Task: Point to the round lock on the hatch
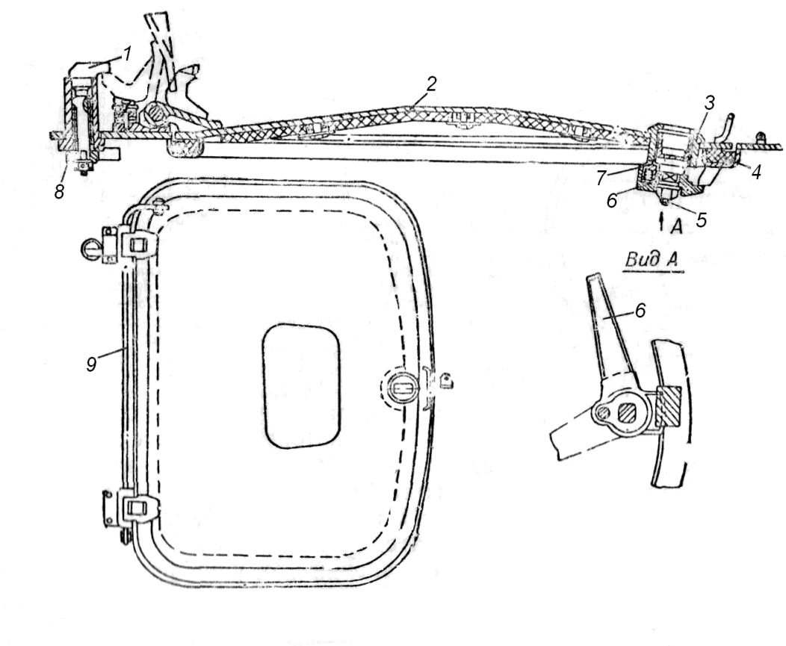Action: [x=403, y=388]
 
